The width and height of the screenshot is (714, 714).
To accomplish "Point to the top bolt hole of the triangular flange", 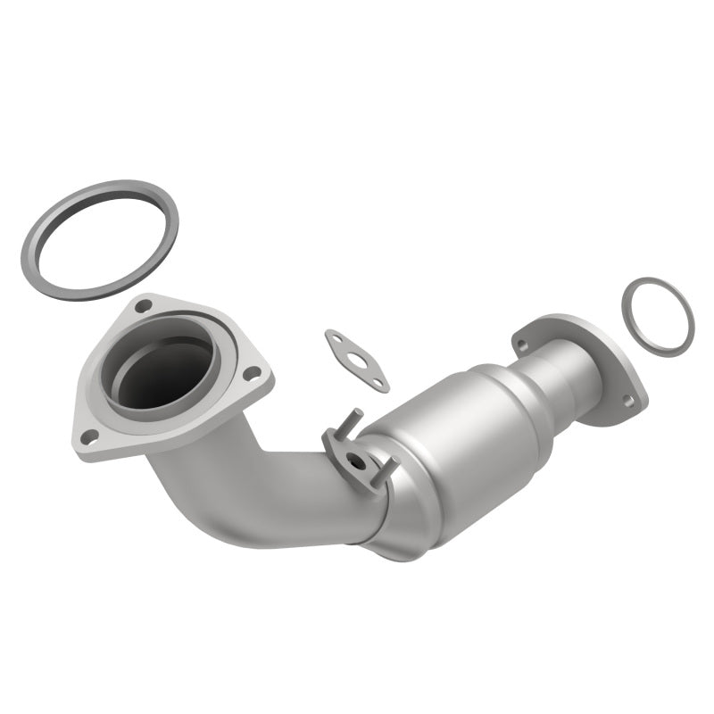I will pos(143,306).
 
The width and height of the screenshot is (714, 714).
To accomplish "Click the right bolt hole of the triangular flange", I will pos(253,372).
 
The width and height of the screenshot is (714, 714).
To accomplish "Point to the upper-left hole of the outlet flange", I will pos(522,345).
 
